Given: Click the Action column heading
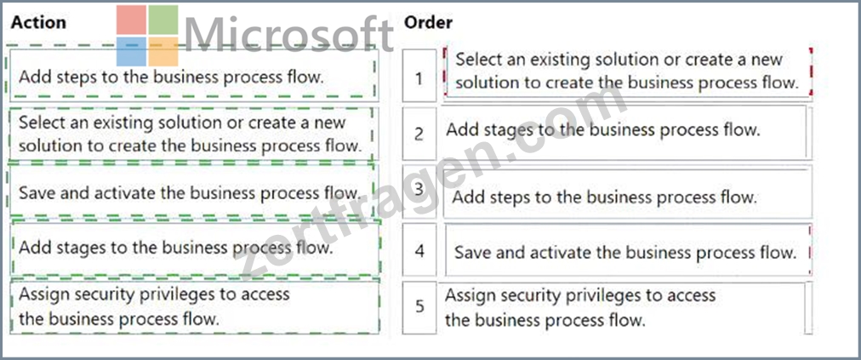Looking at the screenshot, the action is (38, 22).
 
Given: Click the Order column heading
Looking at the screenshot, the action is (428, 22).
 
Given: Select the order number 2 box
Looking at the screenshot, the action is (419, 134).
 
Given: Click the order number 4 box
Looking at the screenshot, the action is (419, 250).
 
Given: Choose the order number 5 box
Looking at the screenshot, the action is (419, 306).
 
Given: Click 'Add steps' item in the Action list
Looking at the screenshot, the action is (193, 75).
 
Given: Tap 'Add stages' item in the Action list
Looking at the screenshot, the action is (196, 248).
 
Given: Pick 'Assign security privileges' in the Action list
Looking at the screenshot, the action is (194, 306).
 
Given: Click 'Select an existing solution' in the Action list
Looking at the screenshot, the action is (192, 134).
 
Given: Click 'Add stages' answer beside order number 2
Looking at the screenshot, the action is (624, 132).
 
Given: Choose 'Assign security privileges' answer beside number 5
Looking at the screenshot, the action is (624, 308).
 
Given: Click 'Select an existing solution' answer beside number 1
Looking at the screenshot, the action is (627, 72).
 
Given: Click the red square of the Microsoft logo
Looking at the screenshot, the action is (131, 20).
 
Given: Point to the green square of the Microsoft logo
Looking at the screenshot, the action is (163, 20).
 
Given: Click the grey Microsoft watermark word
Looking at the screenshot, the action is (289, 35).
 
